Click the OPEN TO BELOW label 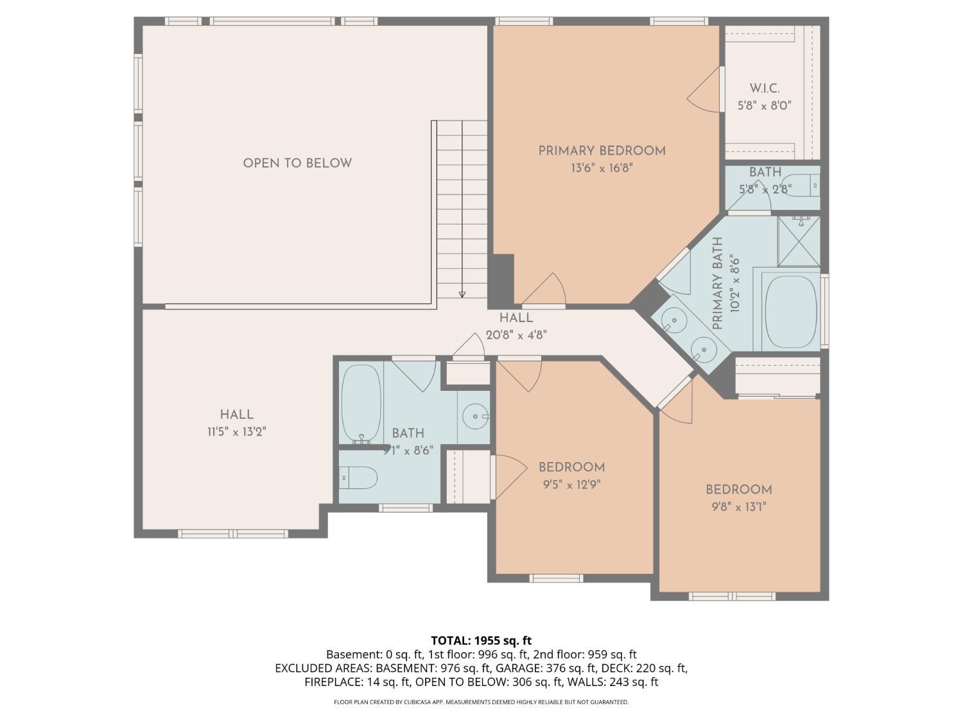point(297,163)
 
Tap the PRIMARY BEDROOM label point(602,151)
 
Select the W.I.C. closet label point(764,88)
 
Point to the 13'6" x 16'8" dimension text point(602,168)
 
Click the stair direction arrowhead point(462,295)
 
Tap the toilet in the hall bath point(358,477)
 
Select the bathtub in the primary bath point(792,312)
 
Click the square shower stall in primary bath point(799,241)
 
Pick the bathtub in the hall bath point(361,403)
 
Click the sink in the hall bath point(474,415)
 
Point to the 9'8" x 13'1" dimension point(739,507)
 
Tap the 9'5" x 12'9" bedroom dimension point(571,485)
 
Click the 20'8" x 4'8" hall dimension point(516,336)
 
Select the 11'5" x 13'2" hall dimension point(237,432)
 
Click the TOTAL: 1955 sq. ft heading point(481,640)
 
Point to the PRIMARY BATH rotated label point(718,283)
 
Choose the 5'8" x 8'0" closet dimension point(764,106)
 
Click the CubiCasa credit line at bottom point(481,702)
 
